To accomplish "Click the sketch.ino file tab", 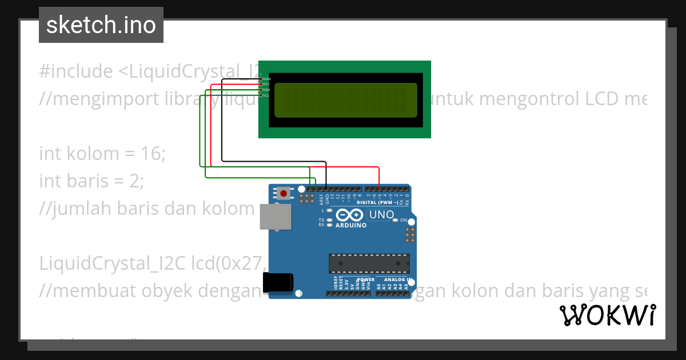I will point(101,25).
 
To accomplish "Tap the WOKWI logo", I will point(607,315).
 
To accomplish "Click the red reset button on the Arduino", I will point(284,194).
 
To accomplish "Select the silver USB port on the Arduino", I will point(275,217).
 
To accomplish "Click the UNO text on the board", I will point(381,215).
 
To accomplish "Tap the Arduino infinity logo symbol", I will point(349,215).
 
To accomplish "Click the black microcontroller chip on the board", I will point(369,263).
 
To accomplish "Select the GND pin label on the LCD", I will point(266,78).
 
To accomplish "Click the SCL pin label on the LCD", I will point(266,95).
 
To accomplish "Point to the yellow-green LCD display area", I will point(346,99).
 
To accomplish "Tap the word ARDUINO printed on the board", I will point(351,225).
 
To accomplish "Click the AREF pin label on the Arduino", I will point(321,198).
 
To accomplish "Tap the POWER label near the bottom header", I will point(366,280).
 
